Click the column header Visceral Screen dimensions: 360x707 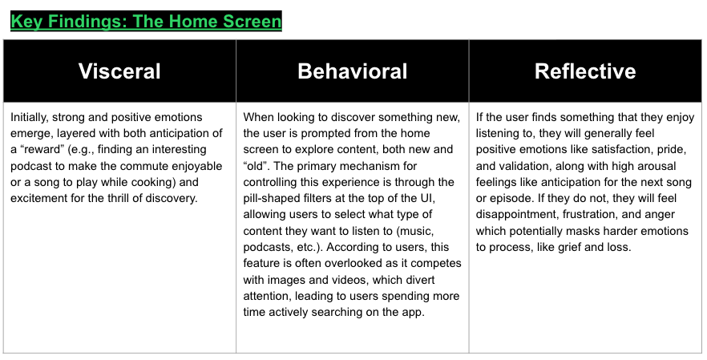(x=119, y=71)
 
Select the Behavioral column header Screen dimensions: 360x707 (x=352, y=71)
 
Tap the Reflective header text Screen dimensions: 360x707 (x=585, y=71)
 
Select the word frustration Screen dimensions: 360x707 (x=580, y=214)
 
